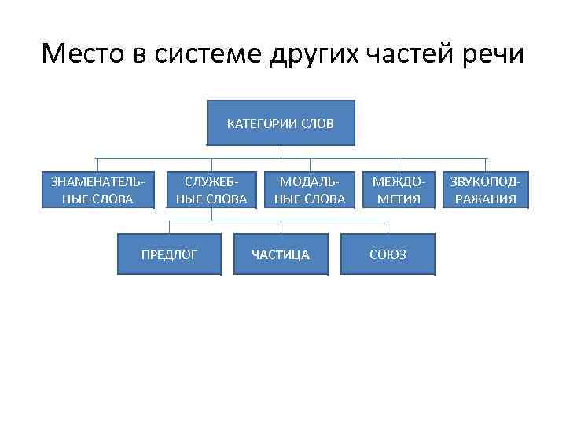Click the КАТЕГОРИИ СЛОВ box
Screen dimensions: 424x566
pos(281,123)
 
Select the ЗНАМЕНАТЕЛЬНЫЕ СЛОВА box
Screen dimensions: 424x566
pos(97,190)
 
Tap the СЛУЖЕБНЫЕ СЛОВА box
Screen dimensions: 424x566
pos(211,190)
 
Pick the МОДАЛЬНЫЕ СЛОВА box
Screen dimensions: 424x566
pos(310,190)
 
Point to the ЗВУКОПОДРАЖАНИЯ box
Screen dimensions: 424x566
pos(485,190)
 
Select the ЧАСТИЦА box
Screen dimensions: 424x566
pos(281,254)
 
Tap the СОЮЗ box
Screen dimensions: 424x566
pos(388,254)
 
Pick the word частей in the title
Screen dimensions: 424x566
pos(415,55)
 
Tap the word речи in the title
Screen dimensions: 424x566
pos(497,55)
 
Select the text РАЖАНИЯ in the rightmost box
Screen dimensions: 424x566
pos(485,199)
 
